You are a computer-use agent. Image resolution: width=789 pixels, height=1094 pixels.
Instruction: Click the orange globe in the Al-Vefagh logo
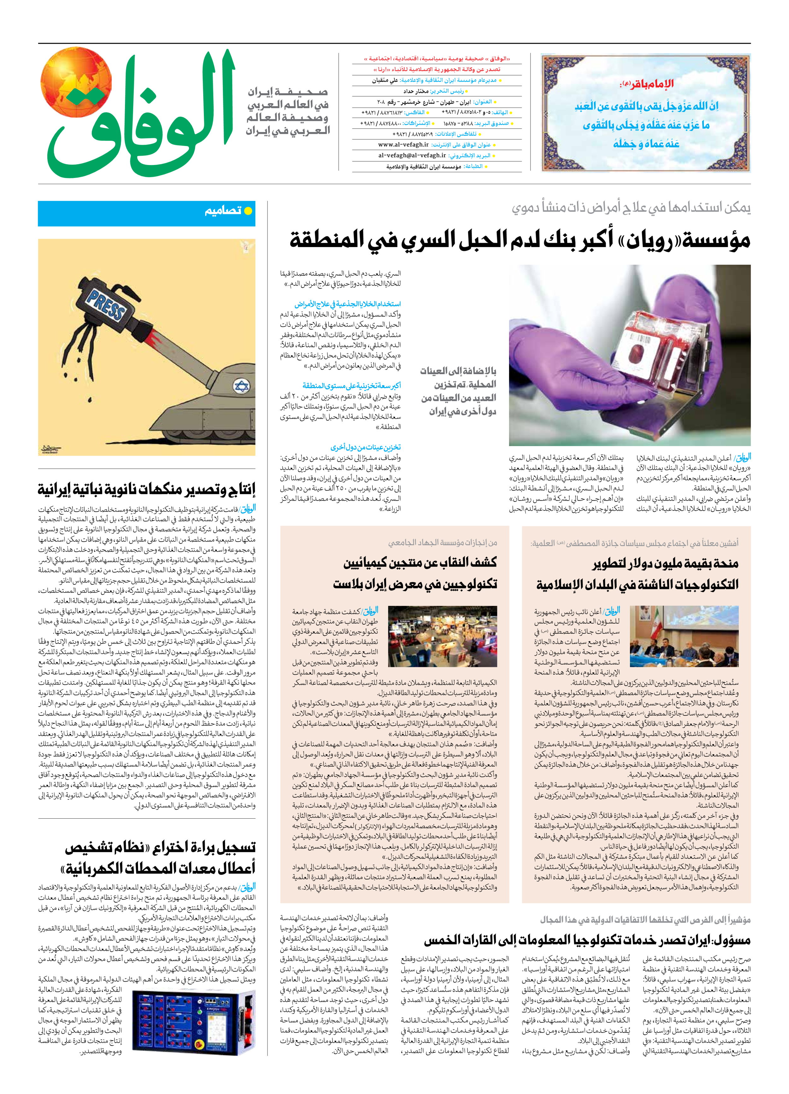[76, 82]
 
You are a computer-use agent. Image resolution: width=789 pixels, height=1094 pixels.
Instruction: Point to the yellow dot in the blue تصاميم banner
[248, 211]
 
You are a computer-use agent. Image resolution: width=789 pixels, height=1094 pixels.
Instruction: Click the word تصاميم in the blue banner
[222, 211]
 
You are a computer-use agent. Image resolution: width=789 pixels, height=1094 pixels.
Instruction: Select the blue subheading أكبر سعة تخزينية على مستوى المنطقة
[351, 385]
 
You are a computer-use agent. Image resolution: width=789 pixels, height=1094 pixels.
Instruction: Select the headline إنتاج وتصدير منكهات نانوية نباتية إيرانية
[147, 490]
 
